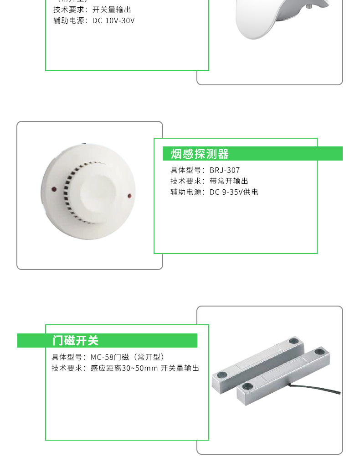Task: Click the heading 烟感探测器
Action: click(200, 154)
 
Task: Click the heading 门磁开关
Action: click(75, 341)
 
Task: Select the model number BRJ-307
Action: click(225, 170)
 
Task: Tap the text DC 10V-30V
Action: click(113, 21)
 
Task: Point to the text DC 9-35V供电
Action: click(234, 192)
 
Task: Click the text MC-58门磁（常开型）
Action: click(127, 357)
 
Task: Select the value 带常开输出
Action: click(229, 181)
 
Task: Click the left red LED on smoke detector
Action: click(54, 188)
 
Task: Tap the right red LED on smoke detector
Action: click(129, 196)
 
